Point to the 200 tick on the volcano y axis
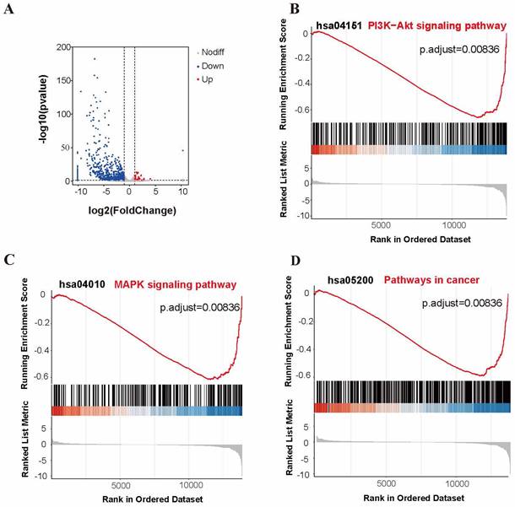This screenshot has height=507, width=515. pyautogui.click(x=62, y=47)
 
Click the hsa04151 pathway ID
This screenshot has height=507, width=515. pyautogui.click(x=339, y=26)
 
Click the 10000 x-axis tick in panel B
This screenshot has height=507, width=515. pyautogui.click(x=456, y=226)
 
